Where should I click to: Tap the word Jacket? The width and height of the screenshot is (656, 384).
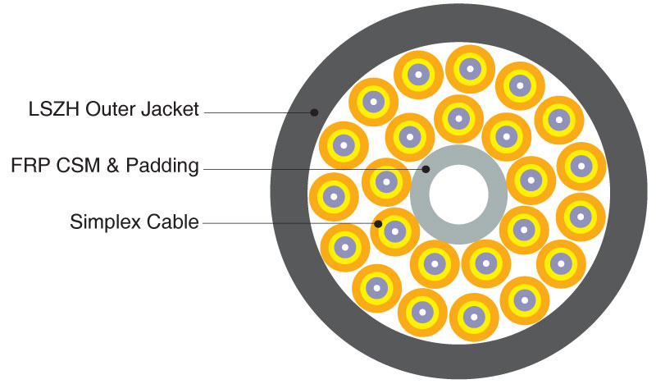click(x=170, y=109)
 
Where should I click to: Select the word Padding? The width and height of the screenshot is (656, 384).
click(x=162, y=167)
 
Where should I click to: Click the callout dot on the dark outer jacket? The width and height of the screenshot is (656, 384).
click(x=314, y=112)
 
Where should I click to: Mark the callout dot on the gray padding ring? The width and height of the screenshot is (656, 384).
click(x=426, y=169)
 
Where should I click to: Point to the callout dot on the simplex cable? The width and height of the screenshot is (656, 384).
click(x=378, y=224)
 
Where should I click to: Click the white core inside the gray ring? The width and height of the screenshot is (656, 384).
click(x=458, y=194)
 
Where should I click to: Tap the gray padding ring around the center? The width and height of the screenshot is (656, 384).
click(x=420, y=194)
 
